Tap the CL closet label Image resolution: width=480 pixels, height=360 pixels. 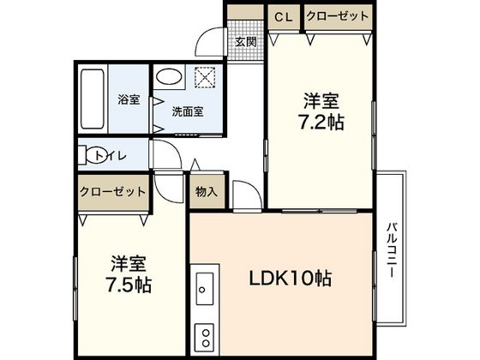point(281,16)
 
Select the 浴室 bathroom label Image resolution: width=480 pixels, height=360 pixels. point(128,99)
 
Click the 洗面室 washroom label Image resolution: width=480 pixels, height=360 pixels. point(186,111)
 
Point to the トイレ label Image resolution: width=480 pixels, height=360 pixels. point(112,155)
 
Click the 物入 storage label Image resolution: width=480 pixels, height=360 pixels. point(207,190)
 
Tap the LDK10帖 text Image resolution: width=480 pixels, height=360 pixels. point(291,279)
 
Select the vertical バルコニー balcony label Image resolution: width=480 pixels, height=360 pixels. point(390,249)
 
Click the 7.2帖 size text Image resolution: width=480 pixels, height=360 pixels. point(321,122)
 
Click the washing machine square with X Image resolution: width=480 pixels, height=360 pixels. point(206,78)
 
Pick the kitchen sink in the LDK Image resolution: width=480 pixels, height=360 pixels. point(204,289)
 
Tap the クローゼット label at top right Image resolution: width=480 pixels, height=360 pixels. point(338,16)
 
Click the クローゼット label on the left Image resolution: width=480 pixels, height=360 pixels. point(111,192)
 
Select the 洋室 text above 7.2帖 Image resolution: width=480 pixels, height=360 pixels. point(321,97)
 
